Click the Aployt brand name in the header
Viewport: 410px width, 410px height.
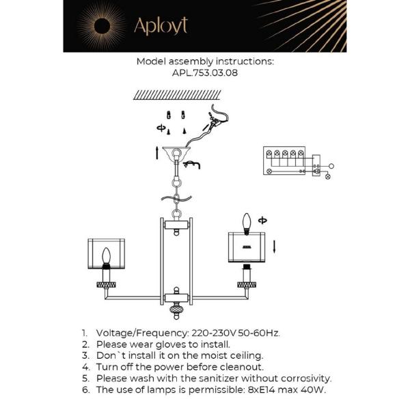pos(161,26)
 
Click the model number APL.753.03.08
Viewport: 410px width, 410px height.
pos(205,72)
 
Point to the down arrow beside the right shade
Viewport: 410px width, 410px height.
pos(274,245)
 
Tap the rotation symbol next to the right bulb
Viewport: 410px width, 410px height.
pos(264,220)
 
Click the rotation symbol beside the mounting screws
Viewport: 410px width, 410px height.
pos(161,128)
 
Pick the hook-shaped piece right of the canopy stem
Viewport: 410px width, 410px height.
pos(193,163)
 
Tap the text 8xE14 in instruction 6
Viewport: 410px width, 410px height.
pos(262,390)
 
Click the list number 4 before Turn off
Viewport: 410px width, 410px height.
pos(86,367)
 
